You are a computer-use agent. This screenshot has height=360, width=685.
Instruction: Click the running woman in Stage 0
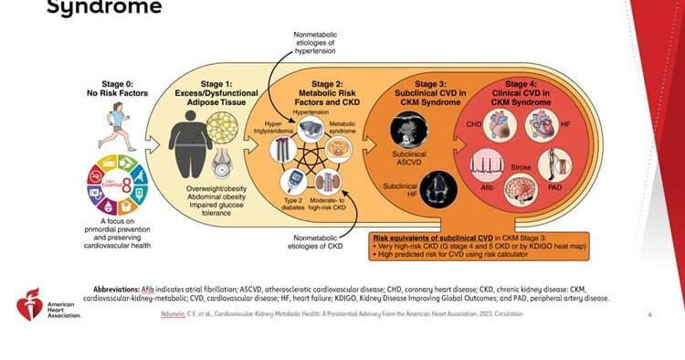pyautogui.click(x=117, y=122)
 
